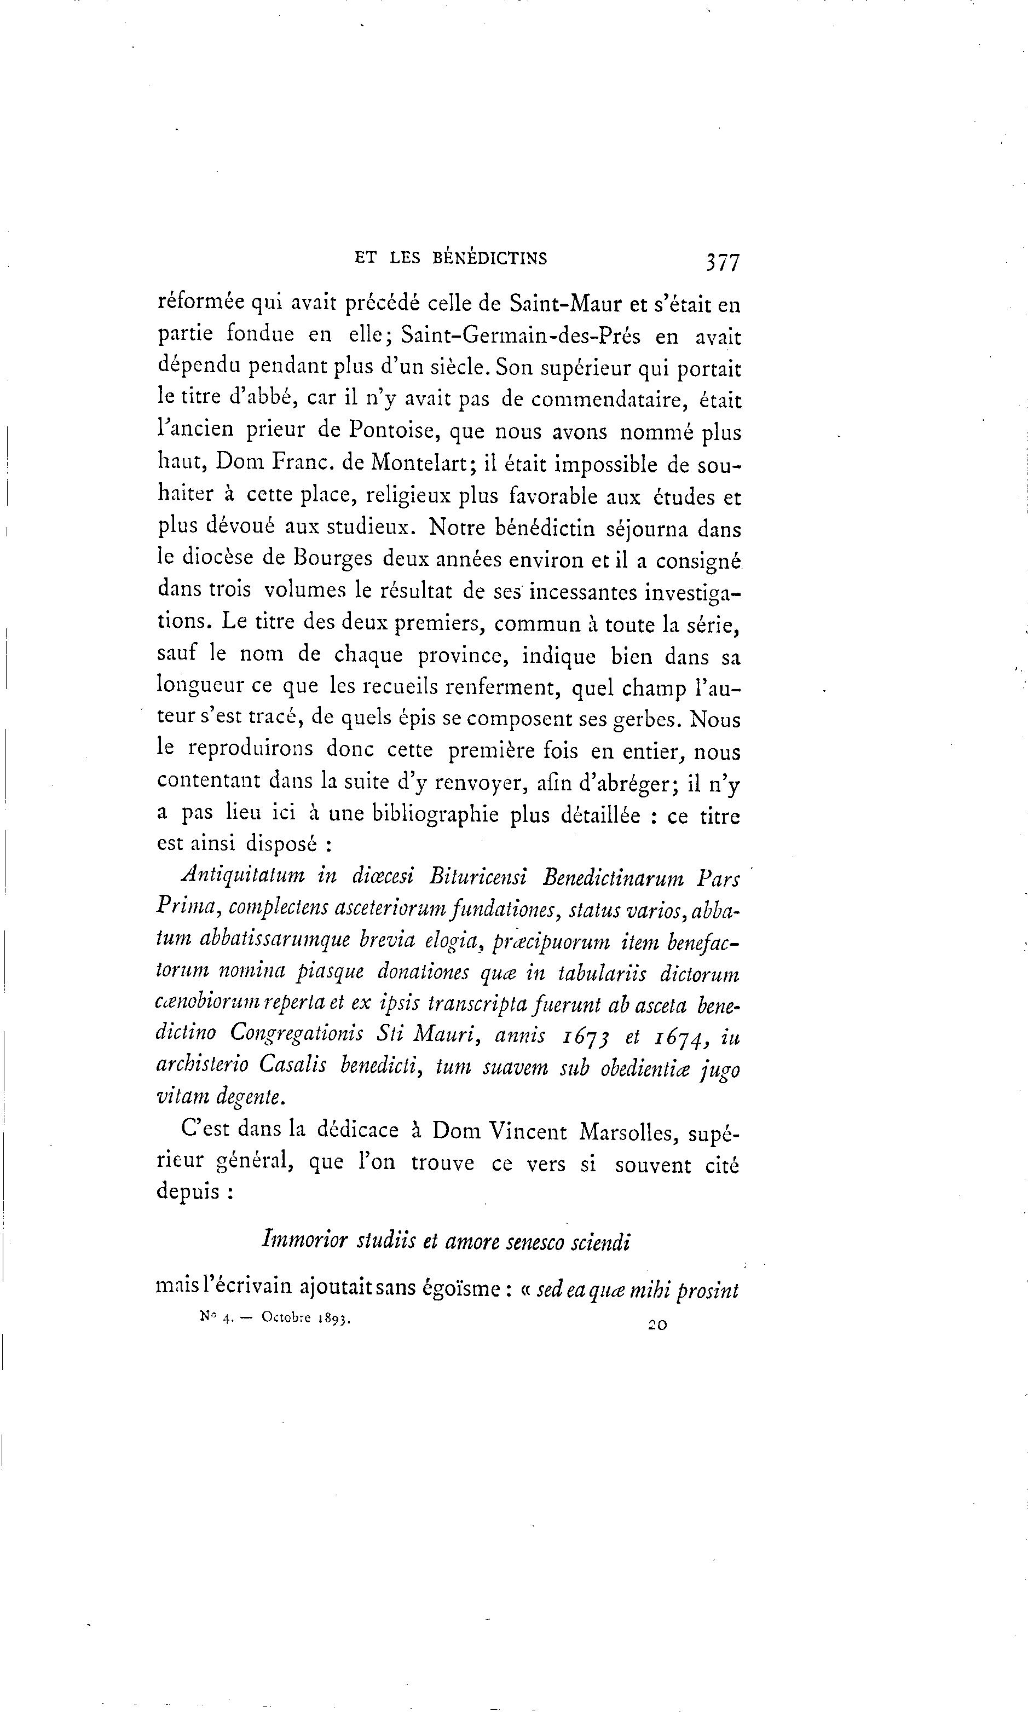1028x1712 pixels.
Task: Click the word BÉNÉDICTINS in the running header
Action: click(490, 259)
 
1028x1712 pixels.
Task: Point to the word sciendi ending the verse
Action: click(600, 1240)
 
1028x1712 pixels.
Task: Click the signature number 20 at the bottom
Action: click(657, 1324)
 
